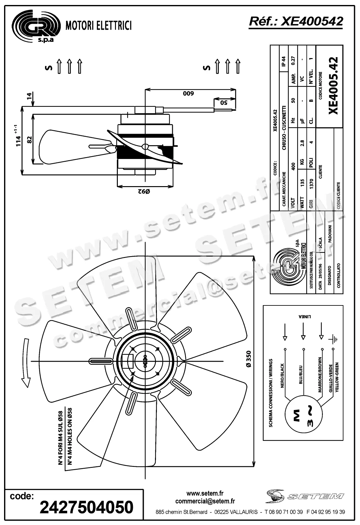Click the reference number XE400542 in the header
pyautogui.click(x=296, y=22)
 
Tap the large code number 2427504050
pyautogui.click(x=87, y=507)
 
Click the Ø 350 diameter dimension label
pyautogui.click(x=248, y=359)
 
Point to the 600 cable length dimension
pyautogui.click(x=189, y=93)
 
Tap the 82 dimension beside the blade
pyautogui.click(x=29, y=139)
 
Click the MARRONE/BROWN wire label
pyautogui.click(x=320, y=375)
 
